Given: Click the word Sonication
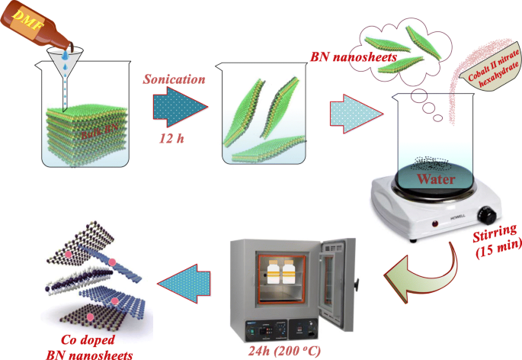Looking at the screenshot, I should click(x=174, y=79).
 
